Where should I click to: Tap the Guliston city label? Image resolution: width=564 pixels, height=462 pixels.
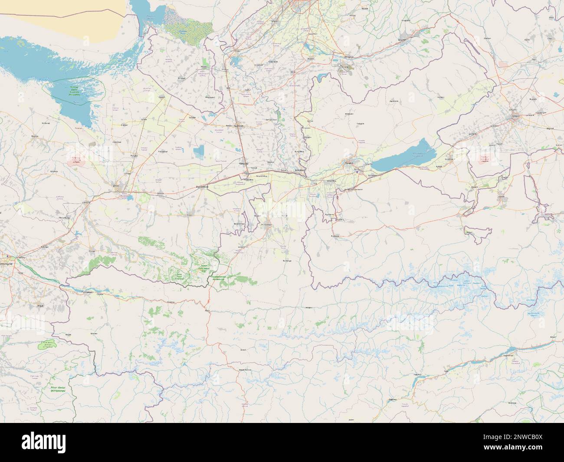239,126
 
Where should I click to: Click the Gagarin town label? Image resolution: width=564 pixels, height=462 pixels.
162,97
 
